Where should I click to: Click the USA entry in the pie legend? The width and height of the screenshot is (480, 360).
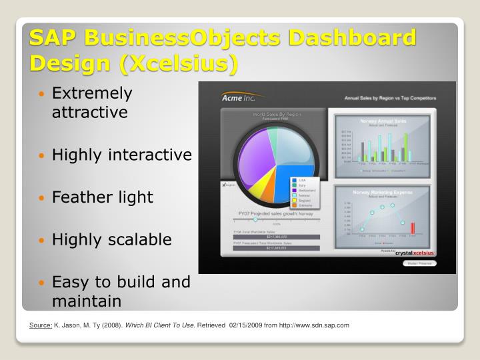(x=301, y=179)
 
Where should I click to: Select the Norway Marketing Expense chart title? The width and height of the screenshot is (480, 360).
(x=383, y=192)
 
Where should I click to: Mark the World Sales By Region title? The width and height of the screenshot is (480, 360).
(x=276, y=115)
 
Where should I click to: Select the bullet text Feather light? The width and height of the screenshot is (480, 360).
(x=102, y=197)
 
